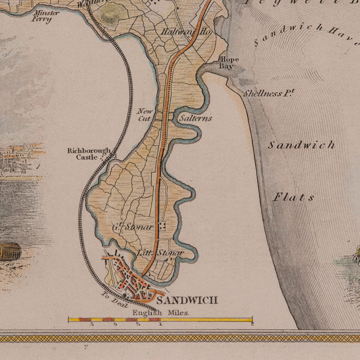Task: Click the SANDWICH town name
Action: (x=186, y=300)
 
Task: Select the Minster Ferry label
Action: (x=46, y=16)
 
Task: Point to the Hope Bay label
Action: (x=229, y=63)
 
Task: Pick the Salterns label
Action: (x=196, y=118)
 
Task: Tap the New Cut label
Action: (x=145, y=114)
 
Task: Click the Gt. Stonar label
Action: (x=133, y=227)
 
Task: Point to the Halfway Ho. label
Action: (x=178, y=31)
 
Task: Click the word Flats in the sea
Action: (x=294, y=197)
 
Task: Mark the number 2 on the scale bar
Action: (x=251, y=325)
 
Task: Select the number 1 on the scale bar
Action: (x=161, y=325)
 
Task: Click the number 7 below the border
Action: (x=86, y=347)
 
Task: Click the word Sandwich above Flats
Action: (x=301, y=145)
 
